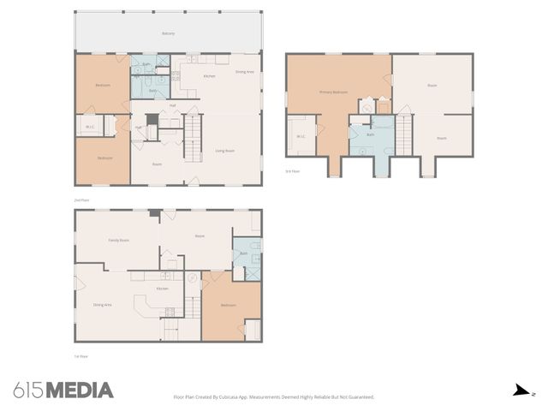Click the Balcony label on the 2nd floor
[169, 33]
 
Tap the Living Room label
[225, 151]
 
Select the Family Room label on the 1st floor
[118, 241]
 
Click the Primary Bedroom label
[332, 92]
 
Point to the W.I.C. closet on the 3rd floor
[301, 136]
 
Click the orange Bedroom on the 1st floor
[229, 306]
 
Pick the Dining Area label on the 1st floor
[103, 305]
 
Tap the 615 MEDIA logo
[63, 390]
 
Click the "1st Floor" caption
[81, 356]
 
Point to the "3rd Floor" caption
[293, 171]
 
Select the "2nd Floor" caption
[81, 200]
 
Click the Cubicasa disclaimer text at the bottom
[274, 396]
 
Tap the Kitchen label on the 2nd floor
[209, 76]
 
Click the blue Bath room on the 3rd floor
[371, 136]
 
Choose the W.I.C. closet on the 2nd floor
[90, 128]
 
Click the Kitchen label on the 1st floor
[162, 289]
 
